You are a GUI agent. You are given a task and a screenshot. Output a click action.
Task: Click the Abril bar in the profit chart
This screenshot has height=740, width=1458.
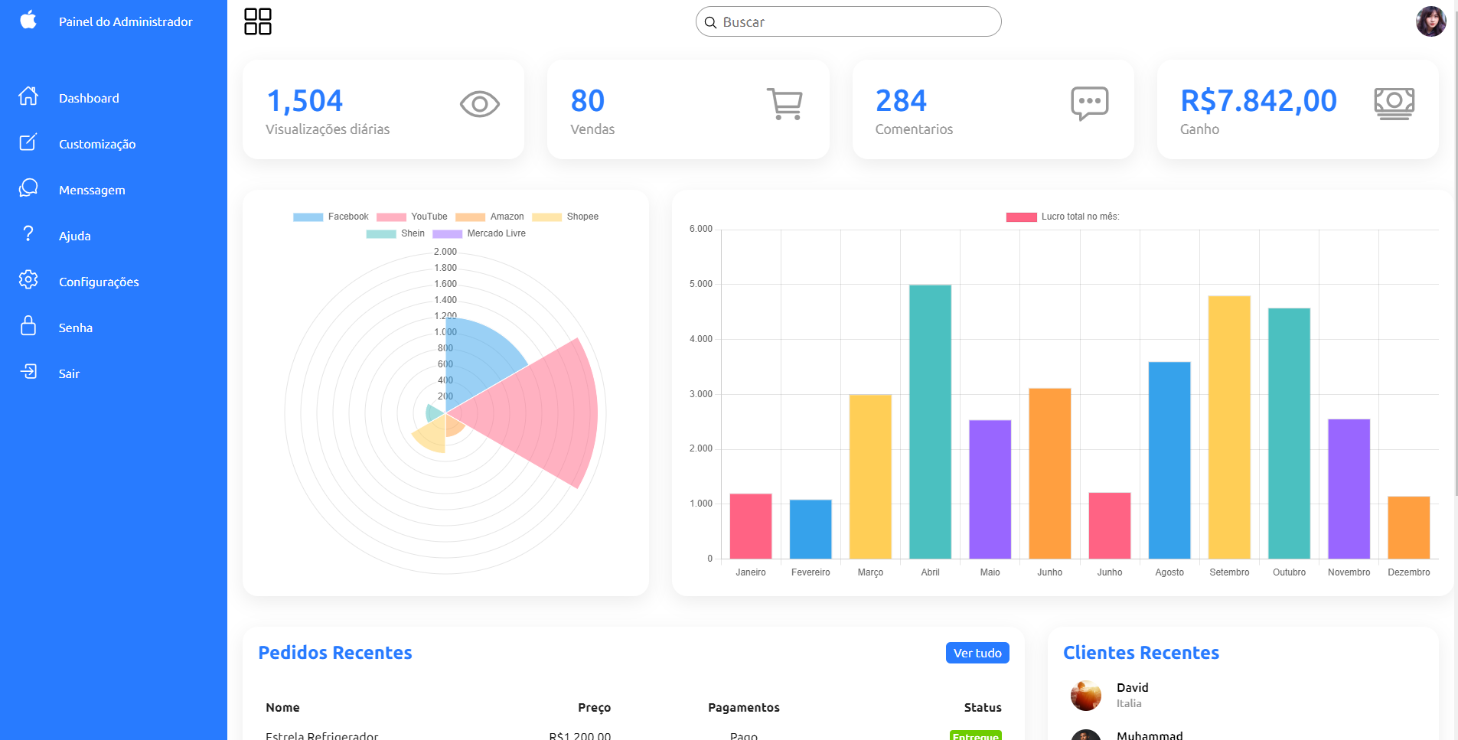930,421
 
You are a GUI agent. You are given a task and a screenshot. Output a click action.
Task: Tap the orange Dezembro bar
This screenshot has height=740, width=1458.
1408,527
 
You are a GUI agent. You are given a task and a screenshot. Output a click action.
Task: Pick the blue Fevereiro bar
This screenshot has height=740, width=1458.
811,529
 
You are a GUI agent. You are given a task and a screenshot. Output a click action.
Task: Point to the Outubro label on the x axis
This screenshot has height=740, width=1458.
1289,572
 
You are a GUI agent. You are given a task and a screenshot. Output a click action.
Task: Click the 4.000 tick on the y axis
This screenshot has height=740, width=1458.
701,339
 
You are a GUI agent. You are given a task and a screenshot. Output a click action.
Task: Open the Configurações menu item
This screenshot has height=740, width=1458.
98,282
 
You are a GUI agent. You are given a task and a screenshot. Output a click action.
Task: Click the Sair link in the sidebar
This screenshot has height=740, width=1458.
69,373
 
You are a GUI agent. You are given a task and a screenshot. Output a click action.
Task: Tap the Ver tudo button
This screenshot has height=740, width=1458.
977,653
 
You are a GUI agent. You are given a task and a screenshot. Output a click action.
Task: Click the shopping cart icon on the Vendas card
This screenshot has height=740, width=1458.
784,104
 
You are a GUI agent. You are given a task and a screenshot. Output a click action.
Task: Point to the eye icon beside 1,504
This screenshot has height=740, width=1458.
480,104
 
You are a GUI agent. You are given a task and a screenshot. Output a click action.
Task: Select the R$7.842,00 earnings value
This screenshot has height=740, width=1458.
1258,101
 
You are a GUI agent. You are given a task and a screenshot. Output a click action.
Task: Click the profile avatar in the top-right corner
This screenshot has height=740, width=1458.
1430,21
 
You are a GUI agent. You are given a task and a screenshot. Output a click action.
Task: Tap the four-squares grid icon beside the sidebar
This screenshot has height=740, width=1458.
258,21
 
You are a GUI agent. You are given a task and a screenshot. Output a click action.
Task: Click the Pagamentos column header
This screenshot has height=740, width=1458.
743,707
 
